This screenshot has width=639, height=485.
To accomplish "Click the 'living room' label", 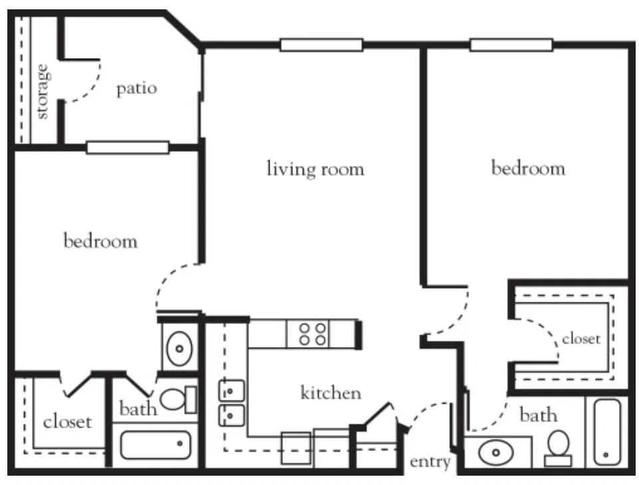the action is (315, 169).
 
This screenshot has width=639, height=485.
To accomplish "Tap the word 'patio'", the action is (136, 89).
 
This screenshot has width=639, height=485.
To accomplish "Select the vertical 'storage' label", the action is (43, 91).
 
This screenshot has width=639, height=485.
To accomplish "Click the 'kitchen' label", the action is (331, 392).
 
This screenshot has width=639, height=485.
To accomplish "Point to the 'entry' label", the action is (430, 462).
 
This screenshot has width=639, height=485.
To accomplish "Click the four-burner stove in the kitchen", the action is (312, 334).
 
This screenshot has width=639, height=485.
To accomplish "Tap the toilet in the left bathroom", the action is (178, 399).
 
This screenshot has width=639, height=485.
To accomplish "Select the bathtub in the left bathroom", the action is (155, 444).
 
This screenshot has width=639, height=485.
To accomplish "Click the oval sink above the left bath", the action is (179, 348).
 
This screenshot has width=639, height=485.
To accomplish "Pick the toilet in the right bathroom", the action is (558, 448).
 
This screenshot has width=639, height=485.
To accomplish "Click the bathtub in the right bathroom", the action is (607, 432).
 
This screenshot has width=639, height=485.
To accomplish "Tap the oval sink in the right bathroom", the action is (496, 452).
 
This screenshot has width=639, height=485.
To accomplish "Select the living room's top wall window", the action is (321, 45).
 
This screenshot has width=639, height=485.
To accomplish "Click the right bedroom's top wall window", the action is (511, 45).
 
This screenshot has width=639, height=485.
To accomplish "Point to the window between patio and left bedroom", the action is (128, 147).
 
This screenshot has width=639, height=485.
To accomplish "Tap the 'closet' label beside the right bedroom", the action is (581, 338).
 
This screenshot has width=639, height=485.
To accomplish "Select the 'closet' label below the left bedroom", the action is (67, 421).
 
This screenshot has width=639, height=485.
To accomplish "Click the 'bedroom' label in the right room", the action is (528, 168).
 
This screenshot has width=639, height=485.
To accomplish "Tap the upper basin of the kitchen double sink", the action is (232, 391).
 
